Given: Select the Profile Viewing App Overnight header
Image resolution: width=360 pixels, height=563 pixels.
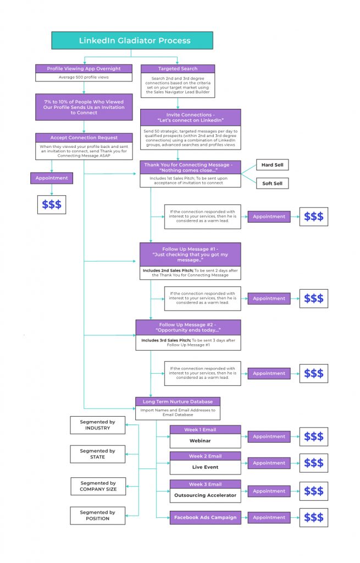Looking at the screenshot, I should pos(85,69).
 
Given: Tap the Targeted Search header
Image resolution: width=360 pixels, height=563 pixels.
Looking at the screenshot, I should pos(170,69).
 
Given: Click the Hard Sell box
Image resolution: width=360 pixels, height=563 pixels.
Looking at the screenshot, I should pos(272,165).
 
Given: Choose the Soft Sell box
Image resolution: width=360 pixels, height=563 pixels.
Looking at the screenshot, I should pos(272,184).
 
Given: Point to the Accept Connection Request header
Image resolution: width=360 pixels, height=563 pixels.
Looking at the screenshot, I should pos(84,137).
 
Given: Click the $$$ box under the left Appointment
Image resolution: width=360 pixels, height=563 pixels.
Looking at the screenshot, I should pos(52,205).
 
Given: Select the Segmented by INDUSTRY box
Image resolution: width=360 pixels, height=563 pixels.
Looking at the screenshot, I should pos(97,425).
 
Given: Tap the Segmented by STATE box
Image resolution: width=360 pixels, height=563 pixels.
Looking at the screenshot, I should pos(97,454).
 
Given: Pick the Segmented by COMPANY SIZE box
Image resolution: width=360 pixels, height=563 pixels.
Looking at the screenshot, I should pos(97,486).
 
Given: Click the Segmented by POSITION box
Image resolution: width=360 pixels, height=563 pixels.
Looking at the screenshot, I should pos(97,515).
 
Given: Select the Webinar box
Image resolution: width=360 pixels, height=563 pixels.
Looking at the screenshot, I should pos(205,441).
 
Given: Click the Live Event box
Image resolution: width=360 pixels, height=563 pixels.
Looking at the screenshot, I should pos(205,467).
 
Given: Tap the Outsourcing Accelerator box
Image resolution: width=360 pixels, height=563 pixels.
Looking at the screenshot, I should pos(205,495).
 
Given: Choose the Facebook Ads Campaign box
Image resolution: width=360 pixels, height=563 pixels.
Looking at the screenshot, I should pos(205,517).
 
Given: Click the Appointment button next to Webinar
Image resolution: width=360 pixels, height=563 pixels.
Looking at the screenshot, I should pos(269,437).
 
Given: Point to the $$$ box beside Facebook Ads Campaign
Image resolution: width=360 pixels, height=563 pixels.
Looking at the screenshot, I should pos(313,517).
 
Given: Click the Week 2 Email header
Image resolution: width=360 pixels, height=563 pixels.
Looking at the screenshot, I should pos(205,456).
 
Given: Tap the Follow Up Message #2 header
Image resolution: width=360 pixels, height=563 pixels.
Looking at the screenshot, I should pos(189,328).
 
